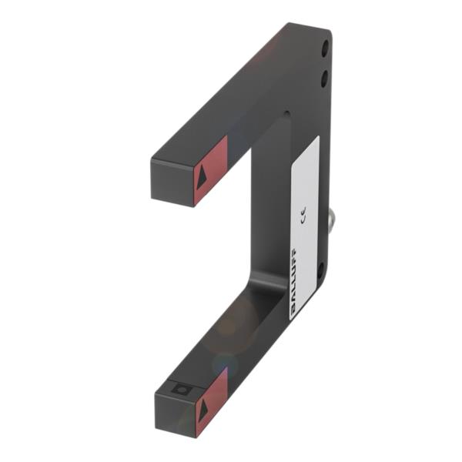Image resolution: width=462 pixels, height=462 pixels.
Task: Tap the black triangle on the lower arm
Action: pyautogui.click(x=203, y=411)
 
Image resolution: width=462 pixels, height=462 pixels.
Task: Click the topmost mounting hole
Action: pyautogui.click(x=324, y=49)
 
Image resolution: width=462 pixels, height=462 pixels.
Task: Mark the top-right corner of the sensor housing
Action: pyautogui.click(x=330, y=31)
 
